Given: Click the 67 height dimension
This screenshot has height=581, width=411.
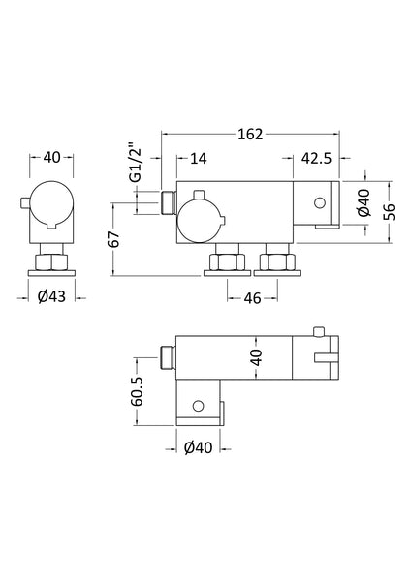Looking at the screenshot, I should coord(113,238).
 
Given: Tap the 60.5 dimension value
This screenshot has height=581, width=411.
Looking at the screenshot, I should coord(139,394).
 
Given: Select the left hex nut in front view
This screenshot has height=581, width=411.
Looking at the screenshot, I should coord(227,261).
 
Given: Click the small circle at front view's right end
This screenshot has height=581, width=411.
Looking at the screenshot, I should coord(318,202).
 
